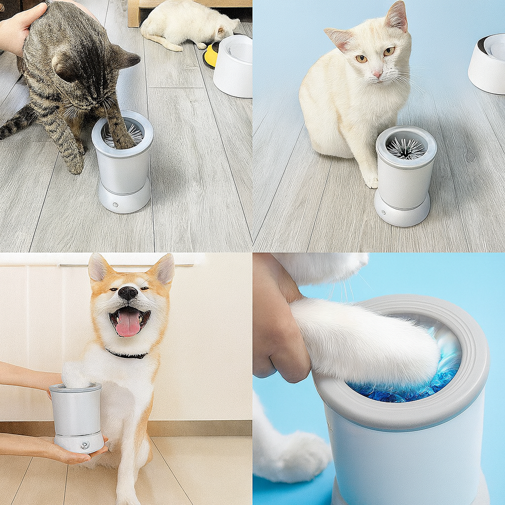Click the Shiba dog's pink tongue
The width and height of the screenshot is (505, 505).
click(x=128, y=323)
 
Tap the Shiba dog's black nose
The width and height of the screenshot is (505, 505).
click(x=128, y=293)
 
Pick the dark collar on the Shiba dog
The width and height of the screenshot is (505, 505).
click(x=127, y=354)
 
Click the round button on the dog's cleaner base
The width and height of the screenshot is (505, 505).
click(x=85, y=444)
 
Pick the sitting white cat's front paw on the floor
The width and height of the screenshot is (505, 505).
click(x=371, y=181)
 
